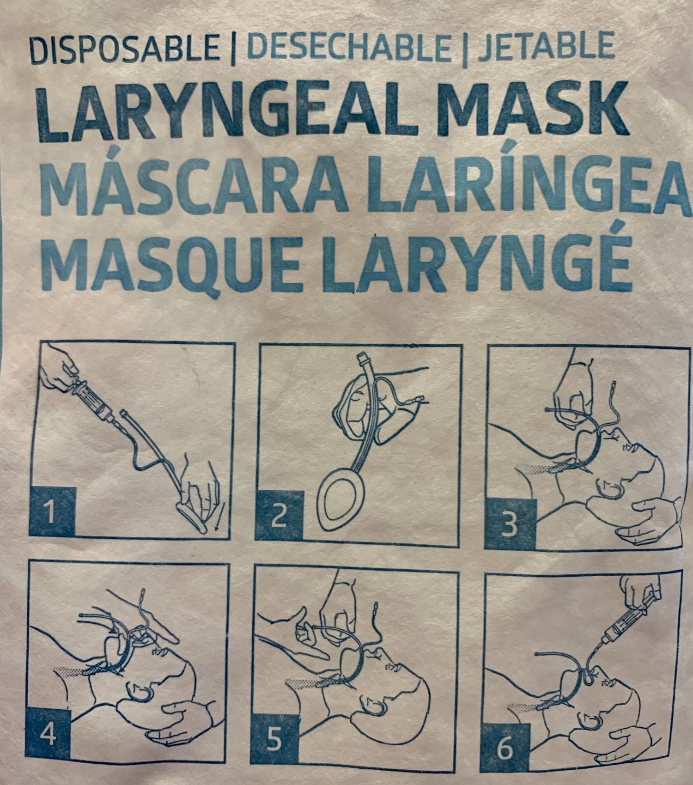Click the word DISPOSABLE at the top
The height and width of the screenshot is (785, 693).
124,48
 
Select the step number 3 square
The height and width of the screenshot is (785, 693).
508,524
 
